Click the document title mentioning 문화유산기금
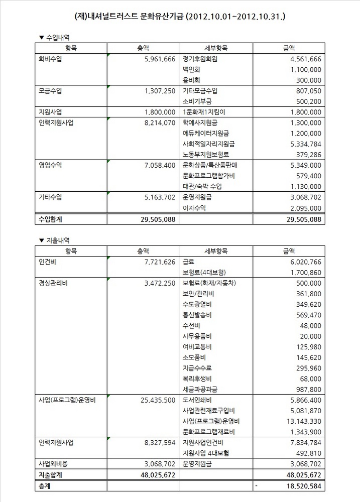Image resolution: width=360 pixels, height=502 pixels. coord(180,17)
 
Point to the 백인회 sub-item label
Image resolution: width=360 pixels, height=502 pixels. coord(192,69)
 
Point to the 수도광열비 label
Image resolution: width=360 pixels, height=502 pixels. coord(197,304)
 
